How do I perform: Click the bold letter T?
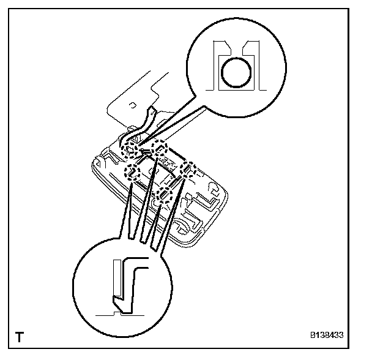20,336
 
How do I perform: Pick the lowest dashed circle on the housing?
162,196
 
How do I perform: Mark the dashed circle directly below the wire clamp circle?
132,173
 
